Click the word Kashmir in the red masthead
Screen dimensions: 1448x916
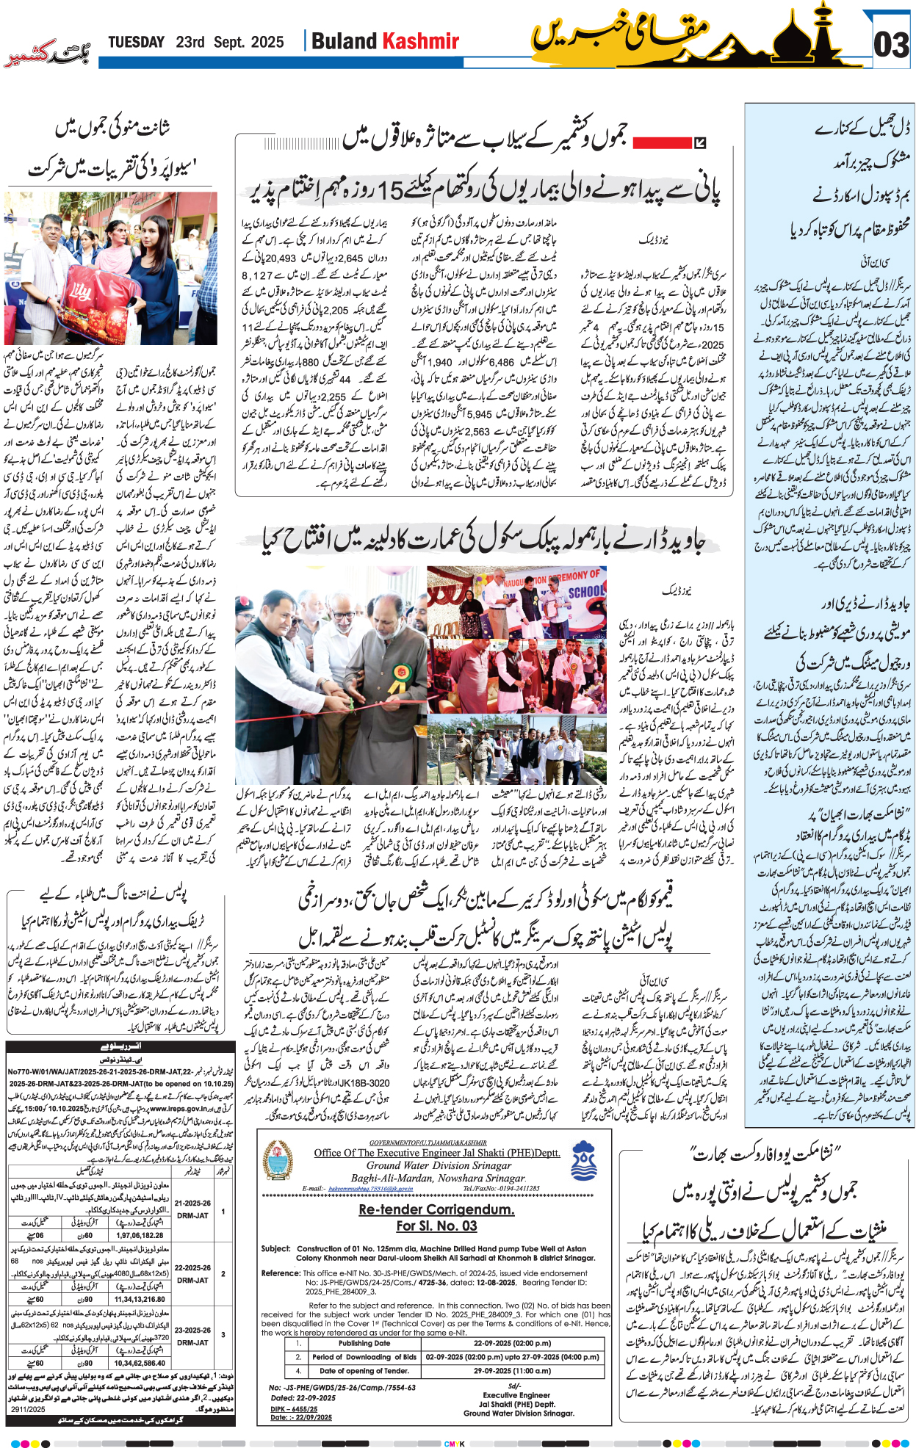pyautogui.click(x=422, y=41)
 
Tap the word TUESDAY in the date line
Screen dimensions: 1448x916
pyautogui.click(x=136, y=42)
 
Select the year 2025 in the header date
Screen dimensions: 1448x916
pyautogui.click(x=267, y=42)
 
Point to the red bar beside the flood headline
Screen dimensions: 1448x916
pyautogui.click(x=660, y=142)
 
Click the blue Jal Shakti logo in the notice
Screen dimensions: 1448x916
pyautogui.click(x=584, y=1159)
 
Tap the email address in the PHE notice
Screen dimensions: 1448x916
pyautogui.click(x=366, y=1188)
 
